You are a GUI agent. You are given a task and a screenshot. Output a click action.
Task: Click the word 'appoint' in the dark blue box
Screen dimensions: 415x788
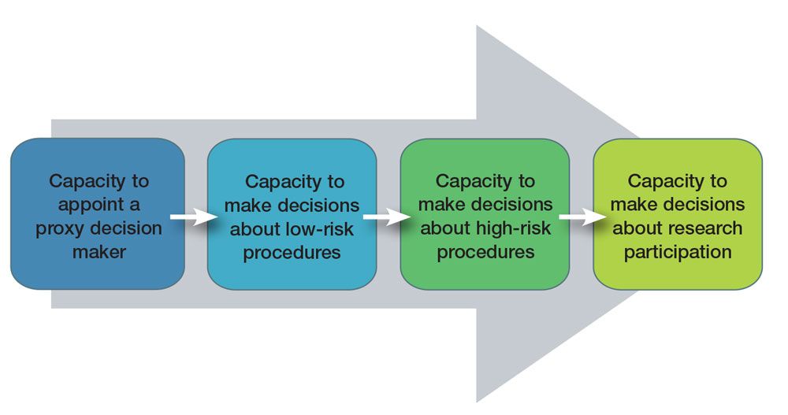82,205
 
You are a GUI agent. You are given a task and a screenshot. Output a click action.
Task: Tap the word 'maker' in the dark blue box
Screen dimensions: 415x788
98,253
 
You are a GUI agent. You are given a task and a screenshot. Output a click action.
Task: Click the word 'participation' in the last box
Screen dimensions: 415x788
678,252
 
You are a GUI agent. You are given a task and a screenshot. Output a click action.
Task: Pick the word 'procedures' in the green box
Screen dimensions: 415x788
485,252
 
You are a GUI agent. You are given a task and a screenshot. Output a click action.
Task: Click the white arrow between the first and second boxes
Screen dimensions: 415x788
194,218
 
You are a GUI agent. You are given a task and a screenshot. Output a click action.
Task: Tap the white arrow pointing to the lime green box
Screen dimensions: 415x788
580,218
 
